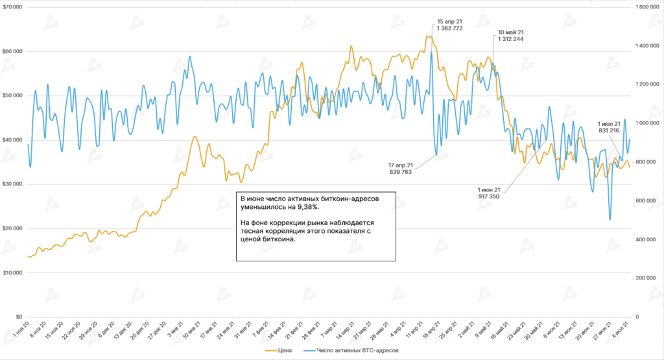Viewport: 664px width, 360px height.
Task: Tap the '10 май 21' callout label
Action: click(x=511, y=32)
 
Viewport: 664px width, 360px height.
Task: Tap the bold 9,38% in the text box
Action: click(x=308, y=207)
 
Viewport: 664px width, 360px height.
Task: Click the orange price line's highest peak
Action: click(x=429, y=36)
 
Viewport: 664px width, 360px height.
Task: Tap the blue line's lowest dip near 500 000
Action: click(x=610, y=220)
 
